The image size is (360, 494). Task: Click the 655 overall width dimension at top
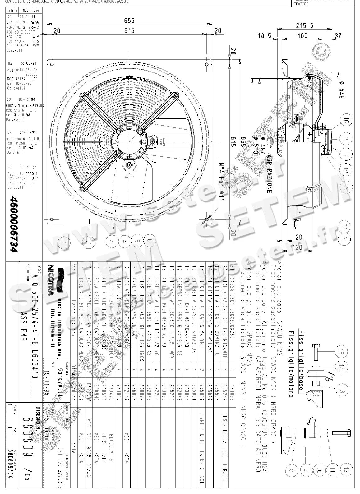click(x=129, y=21)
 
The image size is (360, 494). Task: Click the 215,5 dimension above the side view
click(x=304, y=25)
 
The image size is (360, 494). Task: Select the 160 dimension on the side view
click(x=302, y=35)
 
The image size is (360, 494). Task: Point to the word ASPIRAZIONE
click(x=269, y=174)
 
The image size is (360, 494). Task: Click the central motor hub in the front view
click(x=130, y=140)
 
